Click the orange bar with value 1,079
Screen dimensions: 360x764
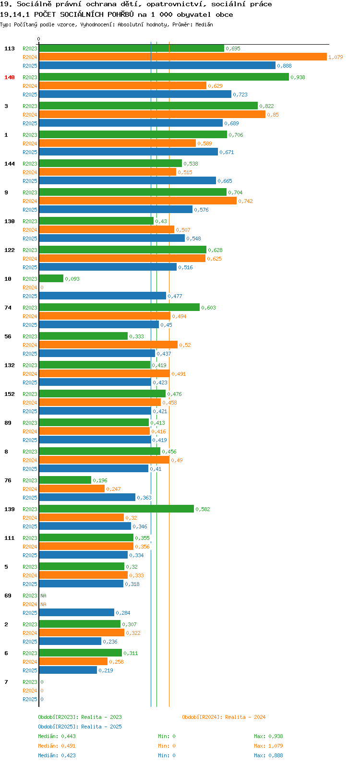[183, 57]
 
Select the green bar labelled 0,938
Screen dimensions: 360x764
[164, 77]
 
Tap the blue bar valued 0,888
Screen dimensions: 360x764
[157, 65]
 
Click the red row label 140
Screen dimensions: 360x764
[10, 77]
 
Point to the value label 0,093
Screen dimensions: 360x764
[72, 279]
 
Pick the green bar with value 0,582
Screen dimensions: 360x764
[116, 509]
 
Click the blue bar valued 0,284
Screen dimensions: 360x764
[77, 612]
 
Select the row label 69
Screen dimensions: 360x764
[8, 596]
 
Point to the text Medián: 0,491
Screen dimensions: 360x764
[57, 746]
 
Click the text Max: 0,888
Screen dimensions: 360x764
[268, 755]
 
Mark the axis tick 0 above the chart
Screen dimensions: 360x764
[38, 39]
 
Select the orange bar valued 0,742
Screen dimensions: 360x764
[138, 201]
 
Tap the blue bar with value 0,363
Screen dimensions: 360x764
[87, 497]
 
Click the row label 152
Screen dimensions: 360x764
[10, 394]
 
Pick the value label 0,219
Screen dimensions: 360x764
[106, 670]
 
